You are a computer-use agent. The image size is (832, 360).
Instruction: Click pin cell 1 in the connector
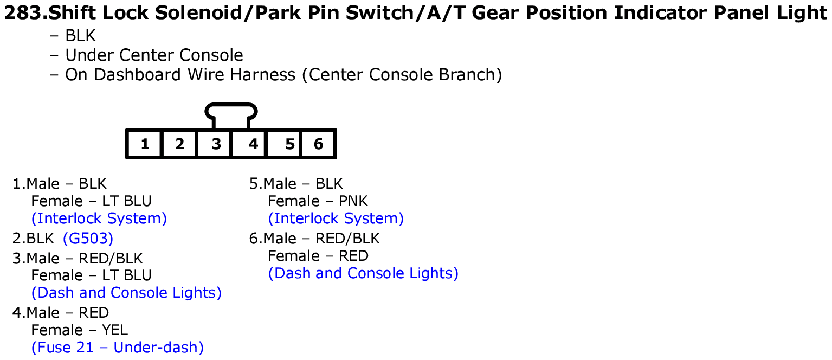point(145,144)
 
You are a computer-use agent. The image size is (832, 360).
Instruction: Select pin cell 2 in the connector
point(179,144)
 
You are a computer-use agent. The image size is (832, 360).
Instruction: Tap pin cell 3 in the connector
point(214,144)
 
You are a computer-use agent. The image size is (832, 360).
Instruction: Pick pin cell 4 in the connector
point(249,144)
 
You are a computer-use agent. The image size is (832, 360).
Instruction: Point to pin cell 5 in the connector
point(284,144)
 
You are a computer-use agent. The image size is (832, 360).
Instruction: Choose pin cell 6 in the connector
point(318,144)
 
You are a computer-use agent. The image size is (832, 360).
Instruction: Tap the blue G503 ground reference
point(88,239)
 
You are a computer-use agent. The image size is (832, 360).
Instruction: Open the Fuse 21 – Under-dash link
point(118,348)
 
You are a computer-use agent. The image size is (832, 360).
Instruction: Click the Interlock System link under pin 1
point(99,218)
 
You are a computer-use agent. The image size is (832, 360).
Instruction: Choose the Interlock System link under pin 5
point(336,218)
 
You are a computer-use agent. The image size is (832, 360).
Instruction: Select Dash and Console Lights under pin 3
point(126,293)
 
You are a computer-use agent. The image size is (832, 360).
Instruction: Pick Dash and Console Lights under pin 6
point(363,273)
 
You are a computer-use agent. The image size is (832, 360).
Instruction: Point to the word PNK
point(353,201)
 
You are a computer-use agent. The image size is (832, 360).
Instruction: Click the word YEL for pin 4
point(115,330)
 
